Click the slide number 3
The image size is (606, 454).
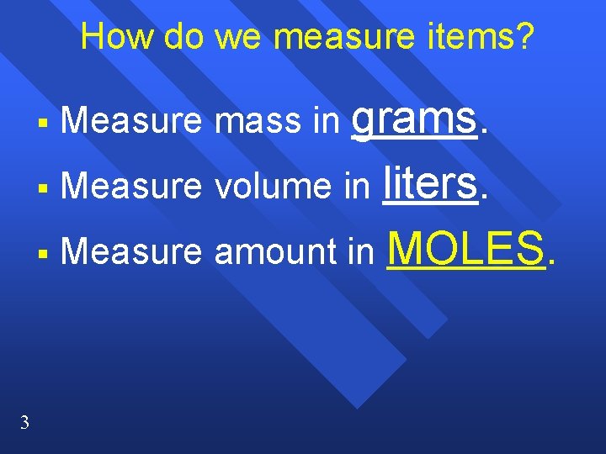click(x=24, y=422)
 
